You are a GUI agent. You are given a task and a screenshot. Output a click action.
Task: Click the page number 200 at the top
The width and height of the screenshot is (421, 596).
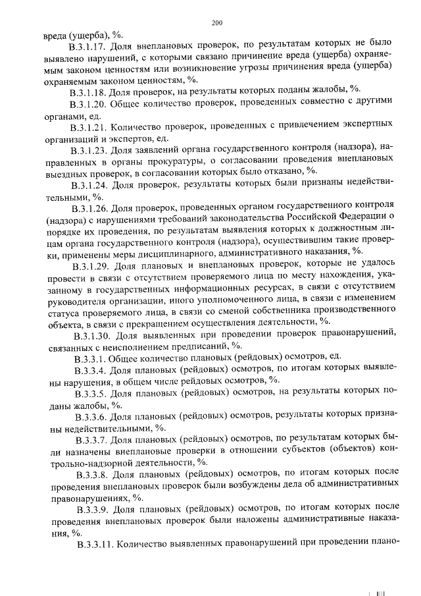(x=218, y=24)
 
